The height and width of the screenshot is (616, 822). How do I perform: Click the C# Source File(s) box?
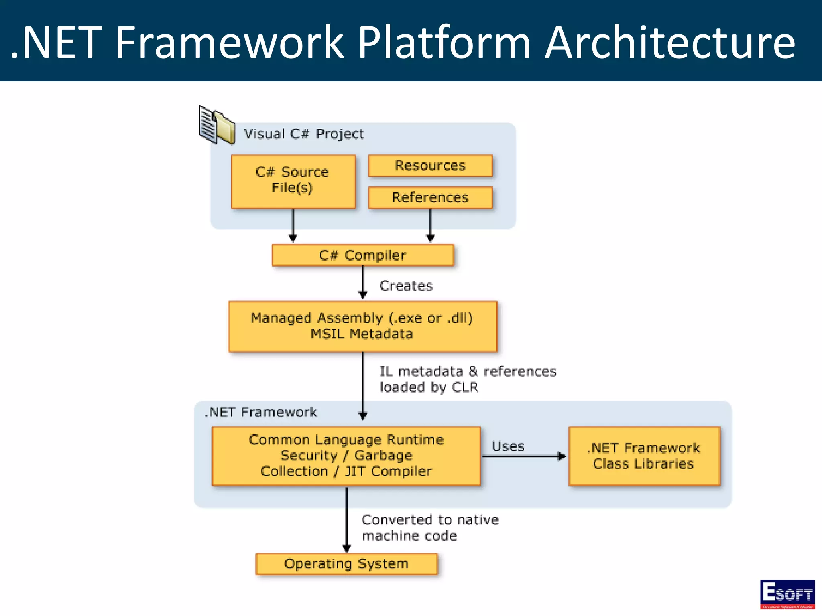tap(293, 181)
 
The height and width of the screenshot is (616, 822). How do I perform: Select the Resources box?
tap(430, 166)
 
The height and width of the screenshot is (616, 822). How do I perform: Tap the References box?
tap(430, 197)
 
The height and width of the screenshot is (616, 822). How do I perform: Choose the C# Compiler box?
tap(363, 255)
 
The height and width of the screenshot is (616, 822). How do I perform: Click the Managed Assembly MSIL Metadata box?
tap(362, 326)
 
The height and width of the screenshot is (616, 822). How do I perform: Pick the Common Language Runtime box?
tap(346, 456)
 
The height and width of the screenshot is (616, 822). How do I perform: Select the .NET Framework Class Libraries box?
tap(644, 456)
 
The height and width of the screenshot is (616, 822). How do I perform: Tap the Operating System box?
tap(346, 564)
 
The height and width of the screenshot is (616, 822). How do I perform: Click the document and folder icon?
tap(217, 125)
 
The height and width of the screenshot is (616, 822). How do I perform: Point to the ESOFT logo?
tap(787, 594)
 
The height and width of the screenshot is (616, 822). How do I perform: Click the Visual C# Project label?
tap(304, 134)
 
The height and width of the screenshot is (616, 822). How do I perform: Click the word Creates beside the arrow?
tap(406, 286)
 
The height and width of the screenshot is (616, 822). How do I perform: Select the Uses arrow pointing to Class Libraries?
tap(523, 456)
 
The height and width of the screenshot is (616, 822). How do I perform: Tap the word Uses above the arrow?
tap(508, 446)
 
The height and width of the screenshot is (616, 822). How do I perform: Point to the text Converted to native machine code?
tap(429, 528)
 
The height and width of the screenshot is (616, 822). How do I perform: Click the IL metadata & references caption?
tap(468, 379)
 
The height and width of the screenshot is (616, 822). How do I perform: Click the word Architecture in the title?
tap(669, 43)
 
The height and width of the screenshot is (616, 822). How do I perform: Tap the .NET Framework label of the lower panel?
tap(261, 412)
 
